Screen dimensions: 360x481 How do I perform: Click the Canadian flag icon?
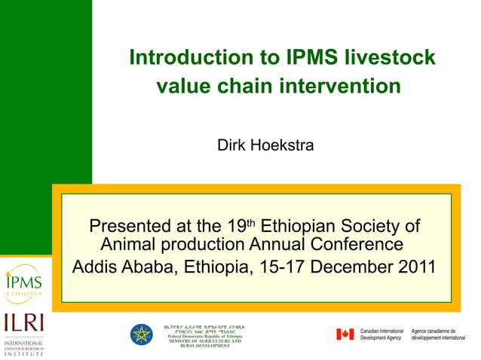coord(345,334)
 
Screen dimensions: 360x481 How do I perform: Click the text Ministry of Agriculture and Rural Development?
coord(204,345)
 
